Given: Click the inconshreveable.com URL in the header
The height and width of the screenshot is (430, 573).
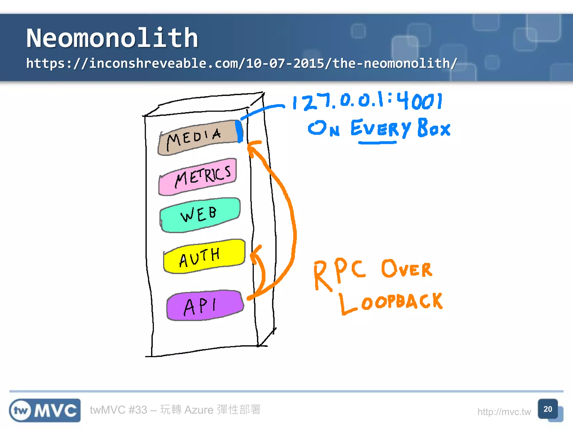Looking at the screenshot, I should coord(241,63).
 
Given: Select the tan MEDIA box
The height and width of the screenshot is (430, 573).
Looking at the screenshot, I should coord(197,137).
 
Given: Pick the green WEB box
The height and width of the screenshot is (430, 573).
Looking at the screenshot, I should coord(200,214).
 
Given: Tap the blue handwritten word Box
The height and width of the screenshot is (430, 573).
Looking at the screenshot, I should coord(434,128).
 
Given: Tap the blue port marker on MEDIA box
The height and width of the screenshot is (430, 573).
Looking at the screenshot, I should coord(239,131).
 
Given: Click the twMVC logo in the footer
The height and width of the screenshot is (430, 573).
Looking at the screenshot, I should coord(45,410).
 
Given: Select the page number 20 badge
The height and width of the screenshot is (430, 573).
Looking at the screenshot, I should coord(548,409).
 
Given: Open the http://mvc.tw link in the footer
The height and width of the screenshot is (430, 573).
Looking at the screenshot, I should coord(504,412).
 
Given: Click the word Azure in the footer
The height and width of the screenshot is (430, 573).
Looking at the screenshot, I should coord(199,410).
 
